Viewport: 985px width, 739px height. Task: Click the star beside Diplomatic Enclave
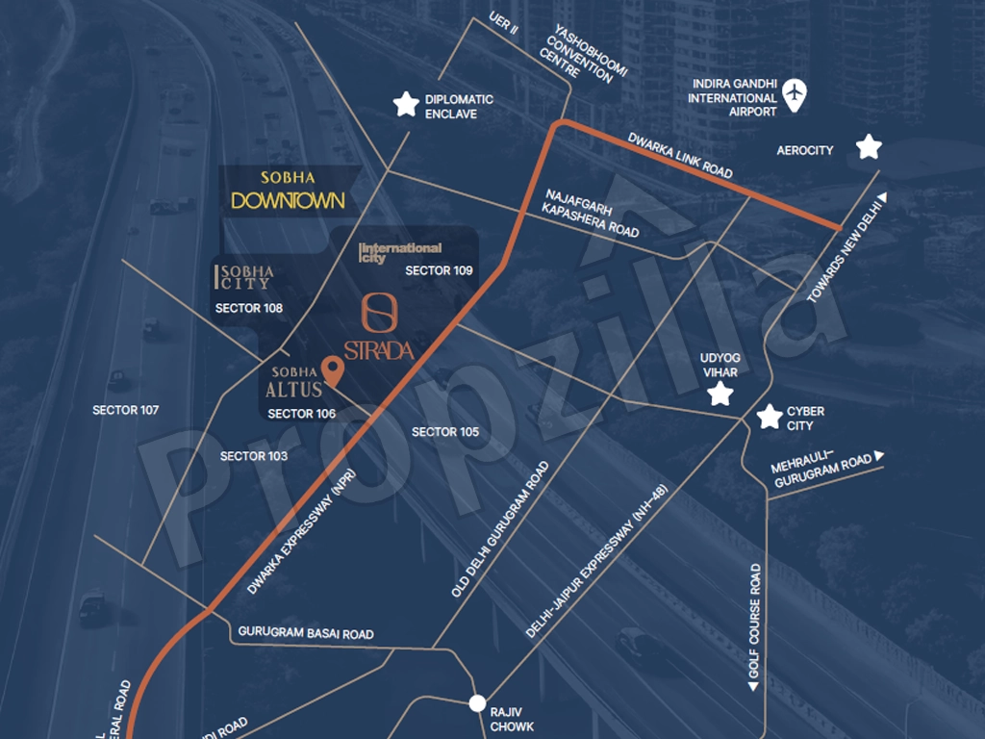pos(406,104)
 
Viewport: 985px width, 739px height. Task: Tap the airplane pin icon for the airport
pos(794,94)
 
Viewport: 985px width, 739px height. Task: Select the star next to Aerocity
pos(869,146)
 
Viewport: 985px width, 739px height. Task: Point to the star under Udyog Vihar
pos(720,394)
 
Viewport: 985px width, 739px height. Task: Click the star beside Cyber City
pos(769,417)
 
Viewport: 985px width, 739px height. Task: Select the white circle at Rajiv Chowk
pos(477,703)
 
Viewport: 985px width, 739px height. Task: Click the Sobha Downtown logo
pos(288,191)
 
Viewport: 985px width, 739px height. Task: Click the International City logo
pos(400,253)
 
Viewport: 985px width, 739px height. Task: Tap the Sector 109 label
pos(439,270)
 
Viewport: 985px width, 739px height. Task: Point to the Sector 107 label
pos(126,410)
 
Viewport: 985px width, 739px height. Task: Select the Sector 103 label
pos(254,455)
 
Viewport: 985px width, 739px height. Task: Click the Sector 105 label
pos(445,432)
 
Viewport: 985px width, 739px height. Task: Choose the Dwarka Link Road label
pos(680,154)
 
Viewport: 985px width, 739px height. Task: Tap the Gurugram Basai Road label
pos(305,634)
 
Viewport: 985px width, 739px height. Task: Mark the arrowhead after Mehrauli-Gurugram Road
pos(879,457)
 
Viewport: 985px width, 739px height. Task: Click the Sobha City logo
pos(244,277)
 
